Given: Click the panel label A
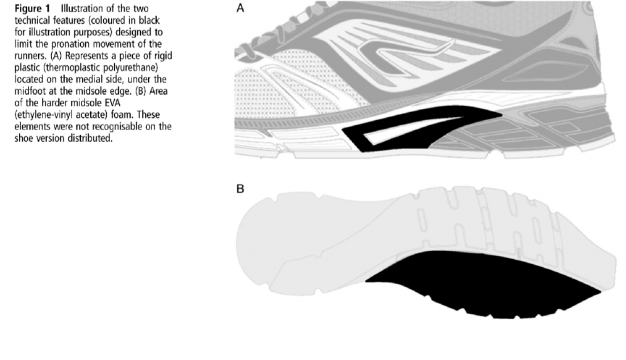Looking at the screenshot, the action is click(x=240, y=8).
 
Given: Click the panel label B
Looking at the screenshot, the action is click(x=240, y=188).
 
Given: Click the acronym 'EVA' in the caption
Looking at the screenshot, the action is click(x=112, y=103).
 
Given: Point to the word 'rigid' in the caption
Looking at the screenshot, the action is click(x=162, y=56).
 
